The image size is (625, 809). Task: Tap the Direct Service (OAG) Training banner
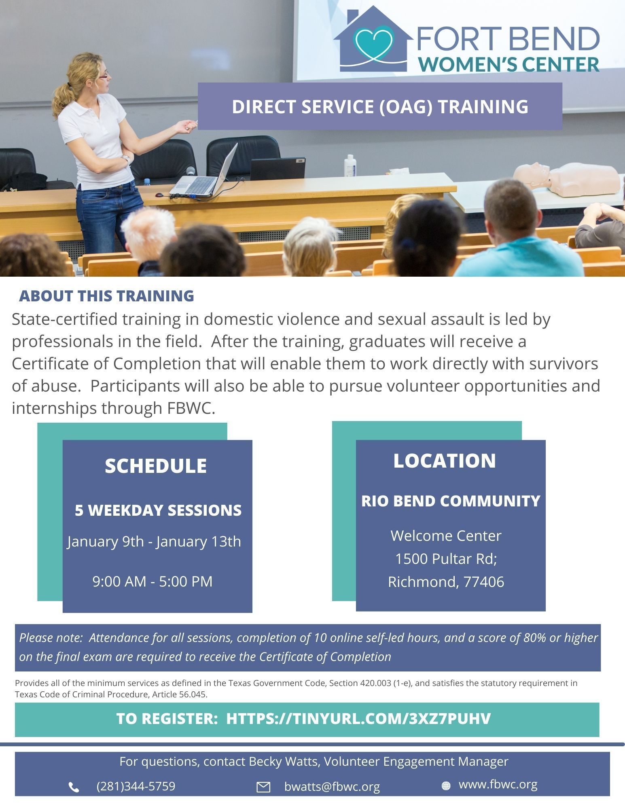tap(380, 106)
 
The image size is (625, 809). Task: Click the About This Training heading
tap(106, 296)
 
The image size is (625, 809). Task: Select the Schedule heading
tap(156, 466)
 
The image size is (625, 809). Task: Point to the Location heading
tap(445, 461)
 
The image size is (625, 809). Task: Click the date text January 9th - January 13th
tap(154, 541)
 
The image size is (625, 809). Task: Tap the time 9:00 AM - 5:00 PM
tap(153, 581)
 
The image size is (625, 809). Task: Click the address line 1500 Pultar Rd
tap(446, 559)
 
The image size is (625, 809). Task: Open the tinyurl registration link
tap(358, 718)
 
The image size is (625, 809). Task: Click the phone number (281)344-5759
tap(136, 786)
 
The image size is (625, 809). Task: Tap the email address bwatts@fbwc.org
tap(332, 786)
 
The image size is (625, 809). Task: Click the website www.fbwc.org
tap(498, 784)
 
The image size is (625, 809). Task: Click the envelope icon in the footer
tap(263, 787)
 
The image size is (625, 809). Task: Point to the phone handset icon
tap(74, 787)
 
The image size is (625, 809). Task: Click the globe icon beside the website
tap(446, 786)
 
